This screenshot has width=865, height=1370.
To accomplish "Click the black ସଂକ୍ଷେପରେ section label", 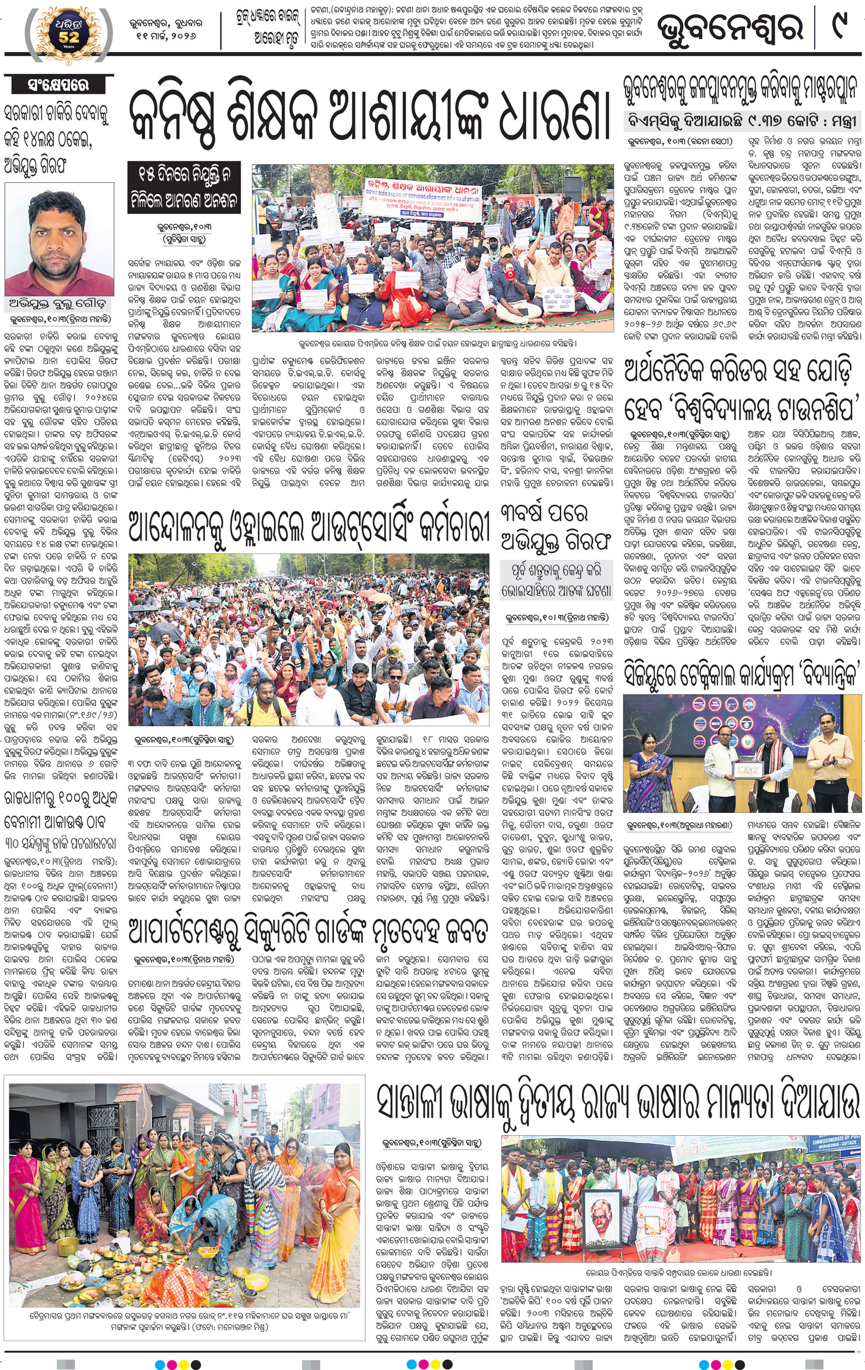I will point(57,84).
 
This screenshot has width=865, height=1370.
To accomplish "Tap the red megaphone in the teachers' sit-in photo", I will point(509,272).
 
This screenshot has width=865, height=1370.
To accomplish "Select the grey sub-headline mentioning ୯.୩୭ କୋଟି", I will point(742,121).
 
